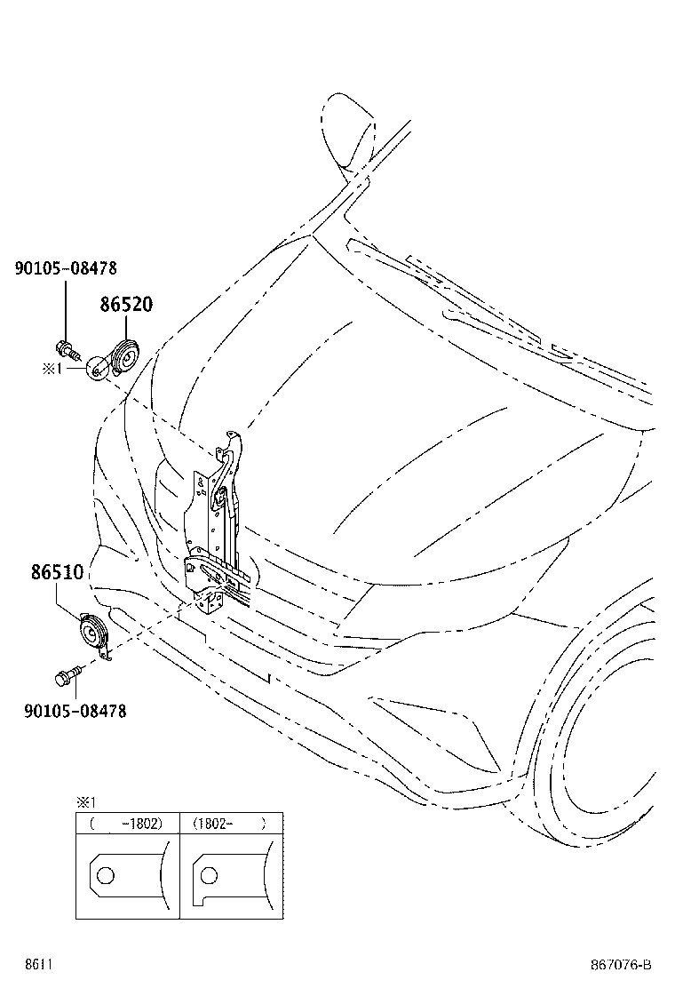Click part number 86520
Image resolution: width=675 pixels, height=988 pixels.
pyautogui.click(x=126, y=305)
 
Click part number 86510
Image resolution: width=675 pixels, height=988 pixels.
pyautogui.click(x=58, y=572)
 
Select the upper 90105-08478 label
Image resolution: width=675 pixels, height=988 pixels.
pyautogui.click(x=66, y=268)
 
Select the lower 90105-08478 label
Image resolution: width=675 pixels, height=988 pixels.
pyautogui.click(x=75, y=712)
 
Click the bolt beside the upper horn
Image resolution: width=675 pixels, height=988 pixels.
pyautogui.click(x=67, y=348)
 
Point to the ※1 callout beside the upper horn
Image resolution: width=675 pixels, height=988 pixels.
pyautogui.click(x=52, y=368)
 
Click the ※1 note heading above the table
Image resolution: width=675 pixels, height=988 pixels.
pyautogui.click(x=85, y=802)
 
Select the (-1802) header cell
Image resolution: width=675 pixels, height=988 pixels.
pyautogui.click(x=128, y=824)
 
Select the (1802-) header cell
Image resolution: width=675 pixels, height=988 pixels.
pyautogui.click(x=231, y=824)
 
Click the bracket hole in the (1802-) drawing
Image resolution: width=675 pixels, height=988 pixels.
pyautogui.click(x=209, y=875)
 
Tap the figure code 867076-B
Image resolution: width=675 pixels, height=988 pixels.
pyautogui.click(x=621, y=965)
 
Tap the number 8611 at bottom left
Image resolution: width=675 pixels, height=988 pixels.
pyautogui.click(x=38, y=965)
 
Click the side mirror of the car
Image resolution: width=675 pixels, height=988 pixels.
pyautogui.click(x=349, y=131)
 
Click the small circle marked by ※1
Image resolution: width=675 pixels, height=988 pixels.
pyautogui.click(x=96, y=369)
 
